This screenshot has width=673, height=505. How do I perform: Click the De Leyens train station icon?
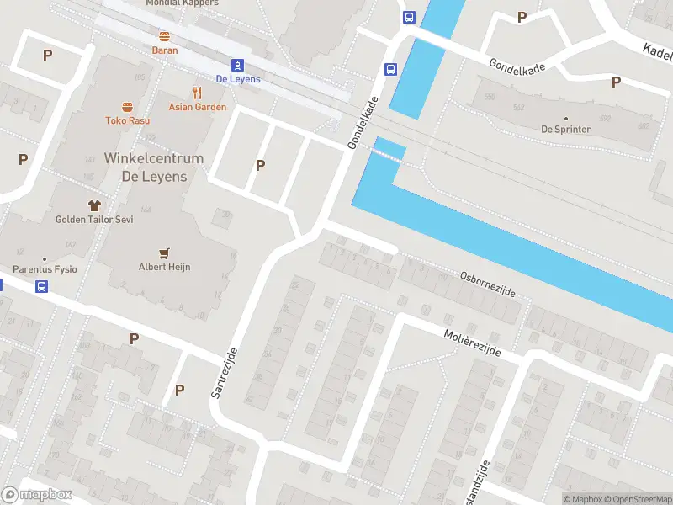pos(238,65)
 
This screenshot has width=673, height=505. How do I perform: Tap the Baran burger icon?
pos(165,36)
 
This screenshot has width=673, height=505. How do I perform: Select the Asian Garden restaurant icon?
pos(198,93)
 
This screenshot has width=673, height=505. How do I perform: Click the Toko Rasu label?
pos(128,120)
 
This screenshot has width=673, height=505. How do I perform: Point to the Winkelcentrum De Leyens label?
pos(154,167)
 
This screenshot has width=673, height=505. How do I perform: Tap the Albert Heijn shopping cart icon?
pos(165,252)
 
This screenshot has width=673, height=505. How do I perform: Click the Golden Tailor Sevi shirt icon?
pos(94,205)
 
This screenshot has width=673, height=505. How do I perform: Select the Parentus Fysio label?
pos(45,269)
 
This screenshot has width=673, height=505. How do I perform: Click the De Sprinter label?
pos(565,130)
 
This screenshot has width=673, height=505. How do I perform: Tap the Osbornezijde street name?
pos(487,284)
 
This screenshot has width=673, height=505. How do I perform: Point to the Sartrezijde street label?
pos(225,374)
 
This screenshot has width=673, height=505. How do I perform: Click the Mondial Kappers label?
pos(182,3)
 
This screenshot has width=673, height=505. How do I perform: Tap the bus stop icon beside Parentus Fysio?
pos(41,286)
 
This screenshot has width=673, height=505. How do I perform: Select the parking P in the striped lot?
pos(260,165)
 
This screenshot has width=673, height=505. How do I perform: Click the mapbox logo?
pos(37,495)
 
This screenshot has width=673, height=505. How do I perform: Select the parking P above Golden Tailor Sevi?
pos(23,159)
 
